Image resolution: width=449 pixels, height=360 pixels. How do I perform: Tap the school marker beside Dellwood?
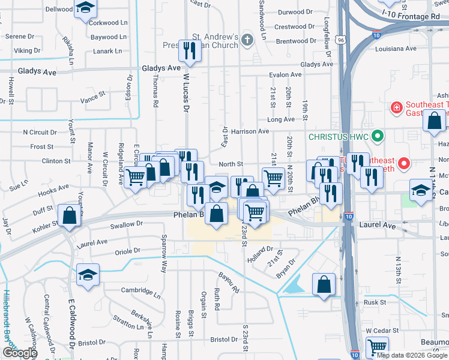[86, 8]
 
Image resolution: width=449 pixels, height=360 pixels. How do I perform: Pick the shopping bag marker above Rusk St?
[324, 284]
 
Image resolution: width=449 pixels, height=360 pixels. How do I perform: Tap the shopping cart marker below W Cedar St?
[377, 347]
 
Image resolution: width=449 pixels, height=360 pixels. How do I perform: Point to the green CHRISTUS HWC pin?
[378, 136]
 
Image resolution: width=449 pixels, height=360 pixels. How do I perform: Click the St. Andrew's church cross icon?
[247, 37]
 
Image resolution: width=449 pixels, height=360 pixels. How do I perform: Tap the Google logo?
[19, 353]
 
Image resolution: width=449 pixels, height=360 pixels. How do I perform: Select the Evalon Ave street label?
[285, 75]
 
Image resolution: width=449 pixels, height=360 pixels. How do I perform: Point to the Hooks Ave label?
[53, 190]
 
